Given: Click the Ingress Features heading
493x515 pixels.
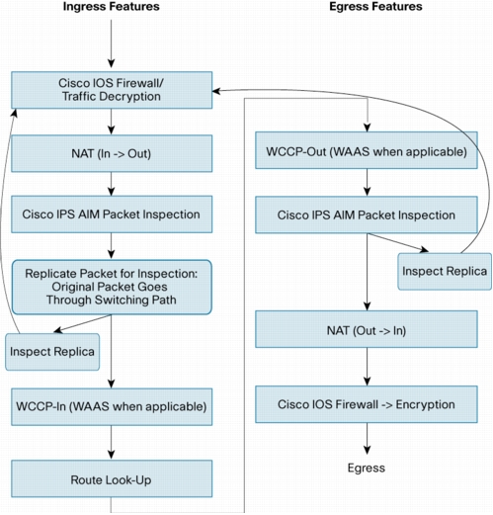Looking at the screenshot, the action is pos(112,7).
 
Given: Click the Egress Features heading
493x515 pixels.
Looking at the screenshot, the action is pos(375,7).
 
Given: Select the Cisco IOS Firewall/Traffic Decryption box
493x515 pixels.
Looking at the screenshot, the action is pos(112,90).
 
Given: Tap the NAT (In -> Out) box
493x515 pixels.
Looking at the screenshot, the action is pos(112,153).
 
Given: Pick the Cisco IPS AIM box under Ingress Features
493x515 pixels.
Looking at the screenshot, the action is pos(112,215).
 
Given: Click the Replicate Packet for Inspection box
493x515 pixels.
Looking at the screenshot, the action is pos(112,287).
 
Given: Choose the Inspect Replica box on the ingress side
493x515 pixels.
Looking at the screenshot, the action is pos(52,352).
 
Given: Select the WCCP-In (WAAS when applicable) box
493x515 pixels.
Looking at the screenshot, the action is pos(112,406).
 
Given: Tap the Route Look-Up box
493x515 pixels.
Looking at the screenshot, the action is pos(112,478).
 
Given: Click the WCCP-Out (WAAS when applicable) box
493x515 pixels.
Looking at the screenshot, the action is pos(367,150).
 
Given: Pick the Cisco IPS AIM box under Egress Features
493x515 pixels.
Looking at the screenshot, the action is pos(367,215).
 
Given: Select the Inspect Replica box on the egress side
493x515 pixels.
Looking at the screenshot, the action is pos(445,272).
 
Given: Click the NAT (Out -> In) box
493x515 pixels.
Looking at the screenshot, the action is pos(367,329).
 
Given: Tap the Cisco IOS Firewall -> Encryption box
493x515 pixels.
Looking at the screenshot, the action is pos(367,404).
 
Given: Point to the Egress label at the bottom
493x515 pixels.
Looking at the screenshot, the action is pos(367,468).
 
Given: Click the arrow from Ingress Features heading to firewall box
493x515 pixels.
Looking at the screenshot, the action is pos(112,43).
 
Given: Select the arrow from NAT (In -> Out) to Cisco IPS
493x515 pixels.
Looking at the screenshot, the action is pos(112,184).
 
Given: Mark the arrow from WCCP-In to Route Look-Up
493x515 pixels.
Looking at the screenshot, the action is pos(112,442).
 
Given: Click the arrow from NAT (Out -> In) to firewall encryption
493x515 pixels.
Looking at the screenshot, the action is pos(368,367).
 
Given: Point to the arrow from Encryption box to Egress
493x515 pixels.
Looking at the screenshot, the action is pos(368,439).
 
